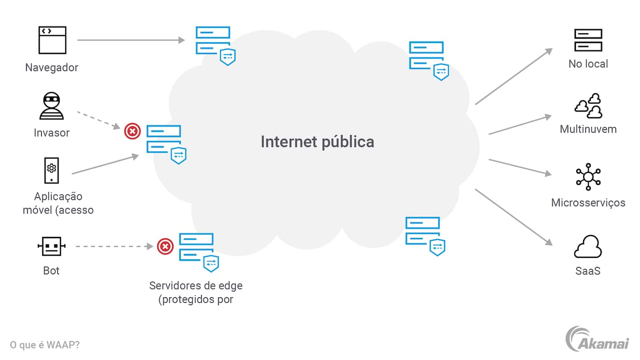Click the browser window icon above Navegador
tap(52, 40)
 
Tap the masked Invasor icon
tap(52, 105)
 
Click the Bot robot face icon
tap(52, 246)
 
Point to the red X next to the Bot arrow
tap(165, 246)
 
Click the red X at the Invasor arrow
tap(132, 132)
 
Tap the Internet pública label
tap(317, 142)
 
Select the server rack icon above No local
tap(588, 40)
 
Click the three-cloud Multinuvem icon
tap(588, 106)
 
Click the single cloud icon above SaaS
tap(588, 247)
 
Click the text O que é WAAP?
tap(44, 344)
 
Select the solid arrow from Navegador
tap(131, 40)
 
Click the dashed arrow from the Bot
tap(115, 246)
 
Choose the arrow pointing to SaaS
tap(513, 217)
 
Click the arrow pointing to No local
tap(513, 76)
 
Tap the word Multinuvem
tap(588, 129)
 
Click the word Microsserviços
tap(588, 203)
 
